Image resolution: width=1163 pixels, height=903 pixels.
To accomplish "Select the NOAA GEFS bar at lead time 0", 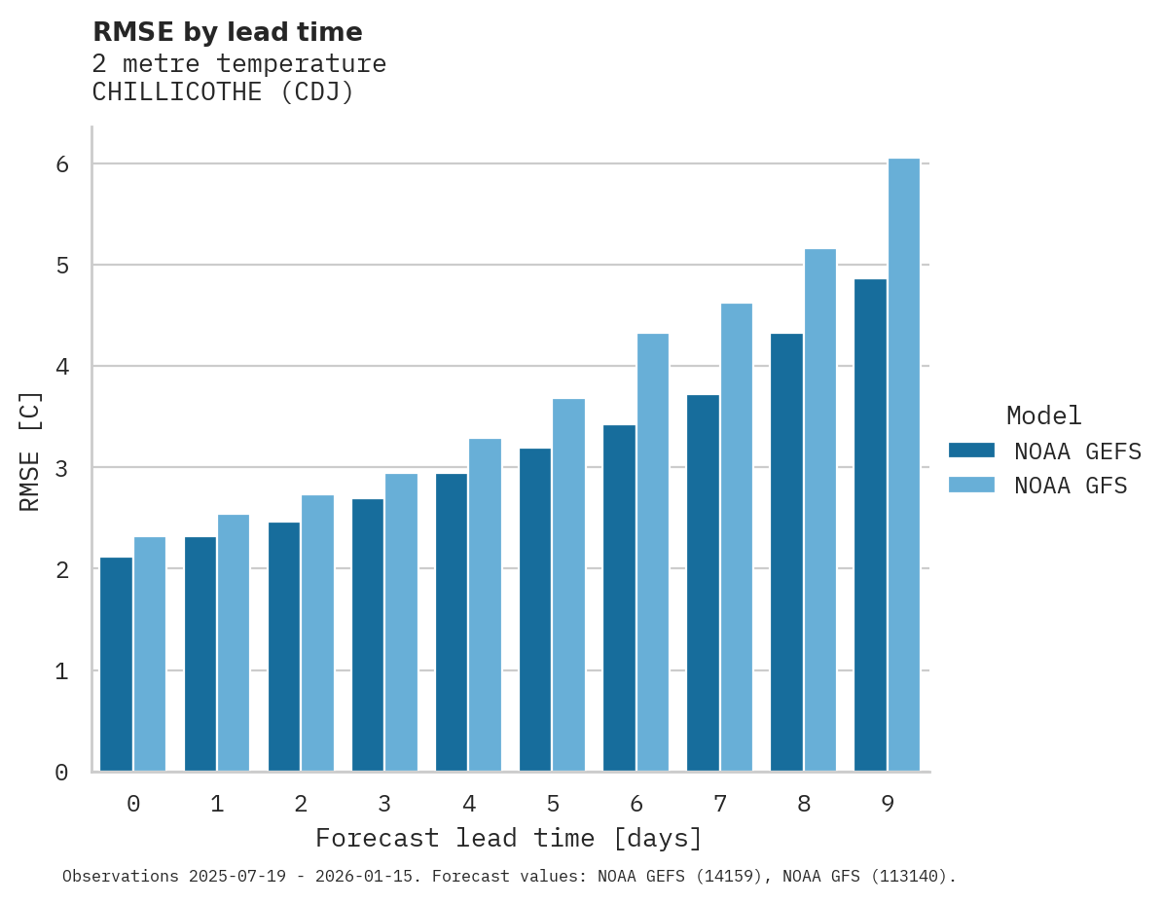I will click(x=116, y=665).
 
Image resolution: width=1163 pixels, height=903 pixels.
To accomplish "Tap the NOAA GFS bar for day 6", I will click(x=653, y=553).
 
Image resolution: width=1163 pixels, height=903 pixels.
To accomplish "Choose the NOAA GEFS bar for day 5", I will click(x=535, y=610).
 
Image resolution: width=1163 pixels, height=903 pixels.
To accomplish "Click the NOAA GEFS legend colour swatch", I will click(x=971, y=451).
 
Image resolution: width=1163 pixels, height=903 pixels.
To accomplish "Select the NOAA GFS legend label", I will click(x=1071, y=486).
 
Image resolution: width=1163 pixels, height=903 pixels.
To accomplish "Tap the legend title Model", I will click(x=1043, y=416).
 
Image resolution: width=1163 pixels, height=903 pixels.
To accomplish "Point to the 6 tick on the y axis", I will click(x=62, y=164).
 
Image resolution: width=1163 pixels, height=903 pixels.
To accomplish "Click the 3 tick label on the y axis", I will click(x=62, y=468).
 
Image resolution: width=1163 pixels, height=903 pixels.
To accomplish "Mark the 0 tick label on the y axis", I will click(x=62, y=773).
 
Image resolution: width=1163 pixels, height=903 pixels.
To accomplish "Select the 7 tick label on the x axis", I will click(x=720, y=805).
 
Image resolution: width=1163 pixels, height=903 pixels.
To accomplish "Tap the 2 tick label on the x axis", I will click(x=301, y=805).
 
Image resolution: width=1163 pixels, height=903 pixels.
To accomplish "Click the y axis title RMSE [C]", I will click(x=31, y=451).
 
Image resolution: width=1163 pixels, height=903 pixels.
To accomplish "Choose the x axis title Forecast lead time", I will click(x=508, y=839).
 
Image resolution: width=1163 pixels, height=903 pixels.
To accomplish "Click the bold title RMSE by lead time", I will click(x=227, y=32).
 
